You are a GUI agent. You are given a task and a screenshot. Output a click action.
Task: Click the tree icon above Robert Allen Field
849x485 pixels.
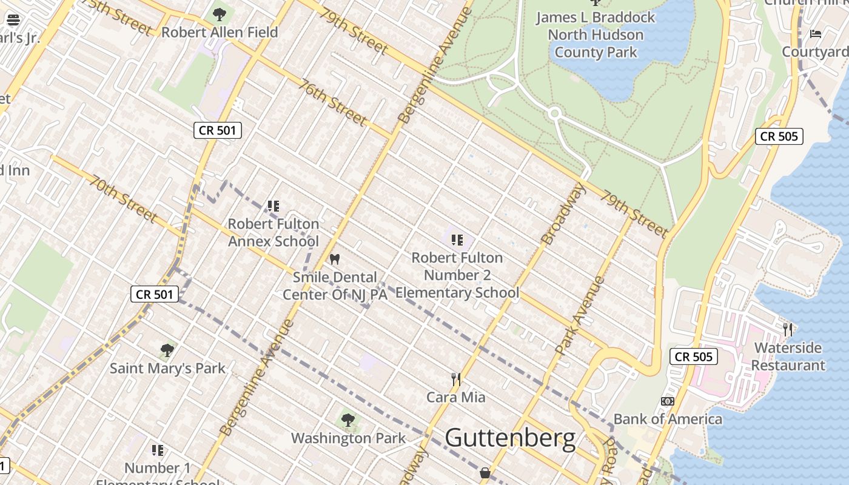(x=220, y=14)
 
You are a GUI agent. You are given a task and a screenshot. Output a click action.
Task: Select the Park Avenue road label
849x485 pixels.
(x=580, y=315)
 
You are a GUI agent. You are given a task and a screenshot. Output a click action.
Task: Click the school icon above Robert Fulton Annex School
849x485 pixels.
(x=273, y=206)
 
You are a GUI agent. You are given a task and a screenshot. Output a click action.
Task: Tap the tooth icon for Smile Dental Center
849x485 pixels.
(x=334, y=259)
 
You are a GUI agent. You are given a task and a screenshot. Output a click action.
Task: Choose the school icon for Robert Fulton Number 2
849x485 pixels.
(x=457, y=240)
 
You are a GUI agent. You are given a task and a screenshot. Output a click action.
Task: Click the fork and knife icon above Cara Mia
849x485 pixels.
(x=456, y=380)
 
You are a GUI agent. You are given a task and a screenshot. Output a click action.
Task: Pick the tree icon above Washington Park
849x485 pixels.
(x=348, y=420)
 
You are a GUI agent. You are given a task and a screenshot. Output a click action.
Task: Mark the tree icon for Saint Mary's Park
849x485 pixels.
(x=167, y=350)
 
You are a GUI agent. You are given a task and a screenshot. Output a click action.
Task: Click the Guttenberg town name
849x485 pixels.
(x=510, y=438)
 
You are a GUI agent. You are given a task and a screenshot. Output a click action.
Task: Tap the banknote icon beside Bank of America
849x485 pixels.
(x=667, y=401)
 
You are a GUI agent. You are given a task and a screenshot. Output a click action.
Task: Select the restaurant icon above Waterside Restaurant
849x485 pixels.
(x=788, y=329)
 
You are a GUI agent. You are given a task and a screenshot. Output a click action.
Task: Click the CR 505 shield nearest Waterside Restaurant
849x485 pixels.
(x=694, y=356)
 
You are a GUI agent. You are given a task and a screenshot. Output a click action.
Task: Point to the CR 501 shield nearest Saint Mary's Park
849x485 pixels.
(x=155, y=295)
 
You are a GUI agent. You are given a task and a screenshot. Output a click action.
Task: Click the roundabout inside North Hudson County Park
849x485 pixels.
(x=554, y=113)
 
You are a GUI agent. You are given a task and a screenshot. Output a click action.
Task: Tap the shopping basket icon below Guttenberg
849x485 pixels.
(x=485, y=473)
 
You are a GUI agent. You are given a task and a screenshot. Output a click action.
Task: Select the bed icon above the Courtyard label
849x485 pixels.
(x=816, y=33)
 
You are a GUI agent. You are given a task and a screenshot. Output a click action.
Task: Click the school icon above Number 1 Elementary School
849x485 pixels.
(x=158, y=450)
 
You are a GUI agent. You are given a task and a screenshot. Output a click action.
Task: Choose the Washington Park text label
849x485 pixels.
(x=348, y=438)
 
